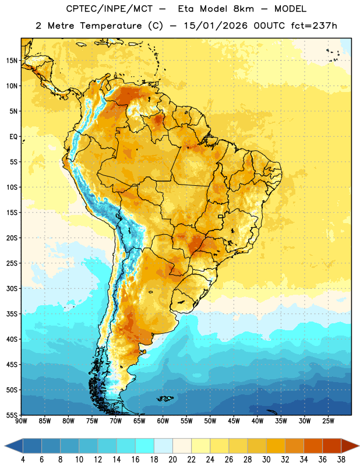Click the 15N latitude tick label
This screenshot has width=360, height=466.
click(12, 61)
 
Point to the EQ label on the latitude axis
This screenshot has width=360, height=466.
click(13, 137)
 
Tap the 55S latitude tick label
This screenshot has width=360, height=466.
click(12, 415)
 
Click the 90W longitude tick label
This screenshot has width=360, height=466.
click(21, 421)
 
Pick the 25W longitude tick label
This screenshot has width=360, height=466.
click(328, 421)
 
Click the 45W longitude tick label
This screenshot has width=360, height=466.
click(234, 421)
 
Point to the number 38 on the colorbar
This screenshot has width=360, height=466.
click(341, 460)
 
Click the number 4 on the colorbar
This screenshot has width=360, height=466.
click(23, 460)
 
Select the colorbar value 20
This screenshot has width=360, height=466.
click(172, 460)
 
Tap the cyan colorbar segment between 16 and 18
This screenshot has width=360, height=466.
click(144, 446)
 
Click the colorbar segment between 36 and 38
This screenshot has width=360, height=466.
click(332, 446)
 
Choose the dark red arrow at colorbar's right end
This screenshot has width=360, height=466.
click(350, 446)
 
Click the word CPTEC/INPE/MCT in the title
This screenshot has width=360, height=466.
click(110, 9)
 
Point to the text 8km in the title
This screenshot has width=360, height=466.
click(243, 9)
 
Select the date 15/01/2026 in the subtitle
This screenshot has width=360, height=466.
click(216, 26)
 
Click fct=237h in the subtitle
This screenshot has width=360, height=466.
click(314, 26)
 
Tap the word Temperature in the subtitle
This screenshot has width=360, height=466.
click(111, 26)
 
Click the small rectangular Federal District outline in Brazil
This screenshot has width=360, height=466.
click(221, 216)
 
